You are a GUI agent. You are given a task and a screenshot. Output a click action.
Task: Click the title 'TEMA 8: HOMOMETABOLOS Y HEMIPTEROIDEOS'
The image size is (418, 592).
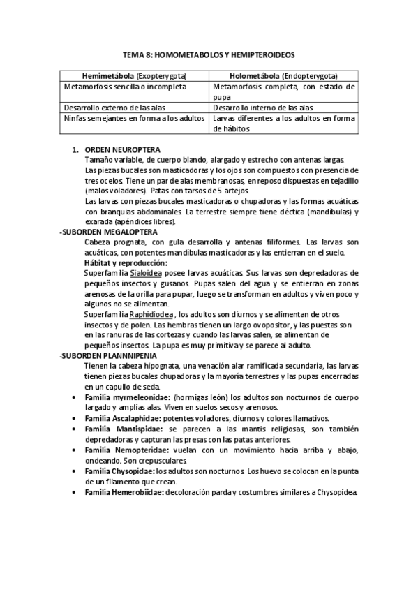tap(209, 54)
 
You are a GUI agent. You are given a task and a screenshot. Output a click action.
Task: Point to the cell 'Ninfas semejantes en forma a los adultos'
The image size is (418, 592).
tap(134, 119)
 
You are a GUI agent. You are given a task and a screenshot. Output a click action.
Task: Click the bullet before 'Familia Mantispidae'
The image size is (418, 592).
tap(75, 429)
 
